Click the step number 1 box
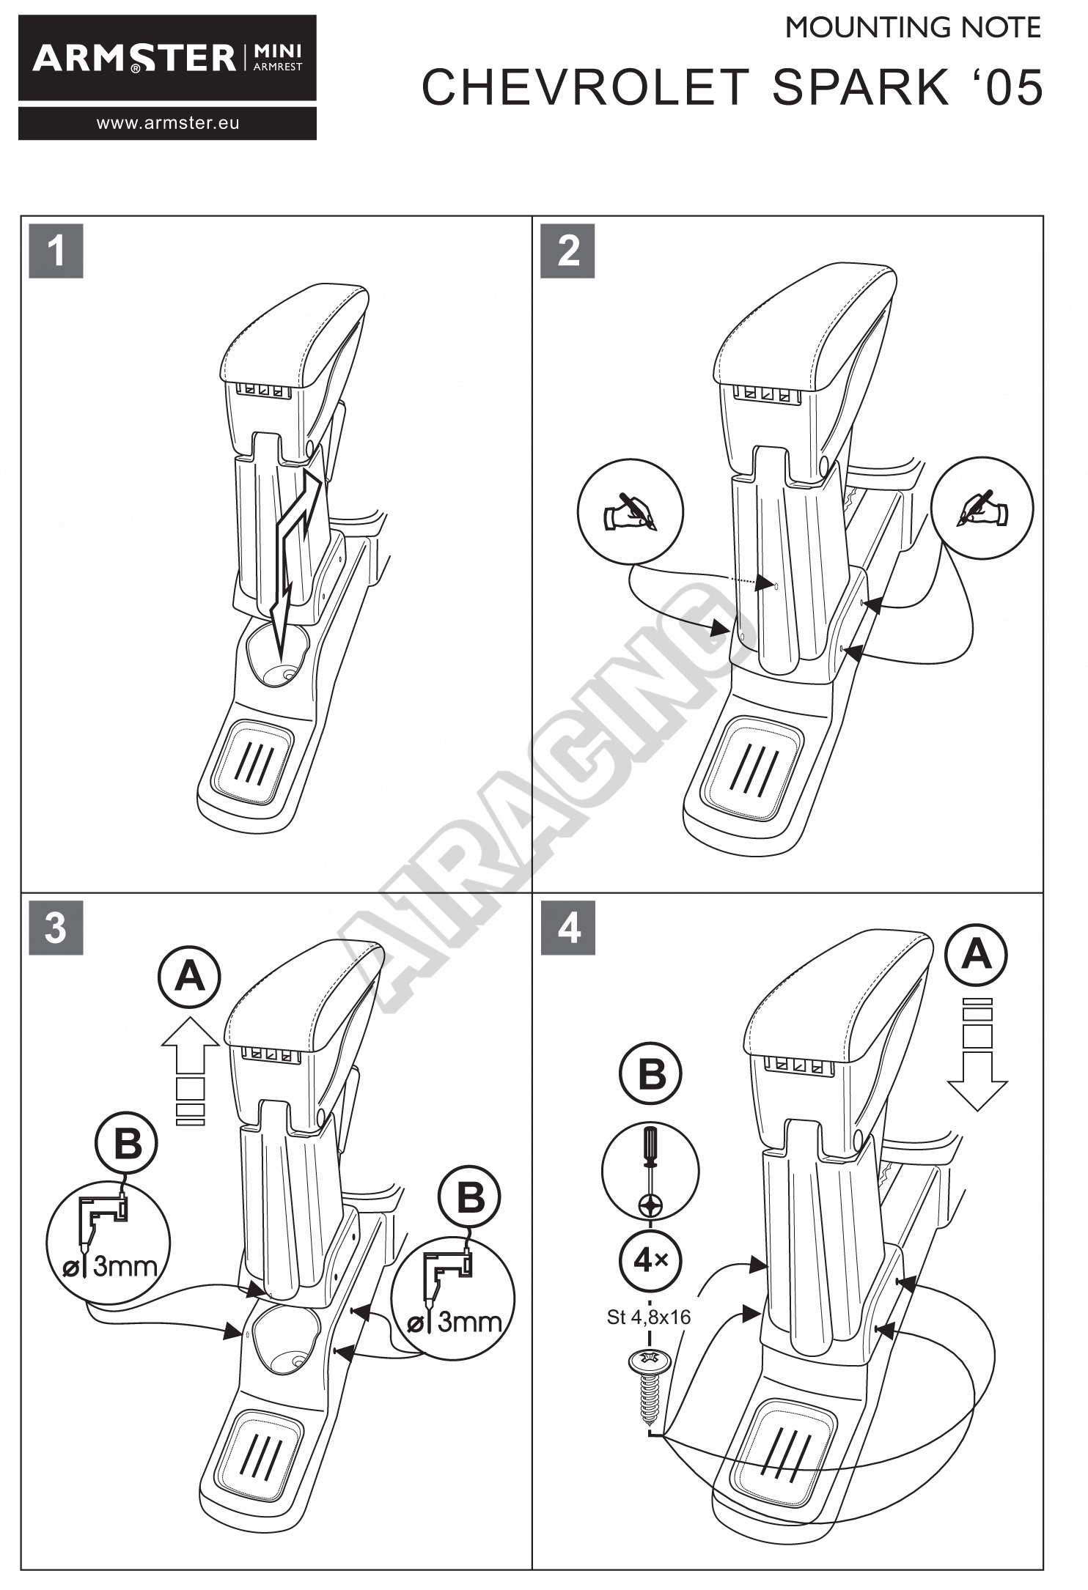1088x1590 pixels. [56, 251]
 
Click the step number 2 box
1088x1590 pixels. [567, 251]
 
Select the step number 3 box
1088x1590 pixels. [56, 928]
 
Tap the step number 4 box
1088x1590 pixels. [568, 928]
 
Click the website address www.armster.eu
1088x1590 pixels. [168, 123]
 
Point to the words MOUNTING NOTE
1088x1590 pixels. [913, 29]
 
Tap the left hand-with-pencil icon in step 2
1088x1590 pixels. [631, 511]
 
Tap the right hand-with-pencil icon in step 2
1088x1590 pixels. [982, 508]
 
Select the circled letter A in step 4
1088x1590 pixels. [976, 955]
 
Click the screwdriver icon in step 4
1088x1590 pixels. [650, 1171]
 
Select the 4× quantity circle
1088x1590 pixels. [650, 1261]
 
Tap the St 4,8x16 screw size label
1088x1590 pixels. [649, 1317]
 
